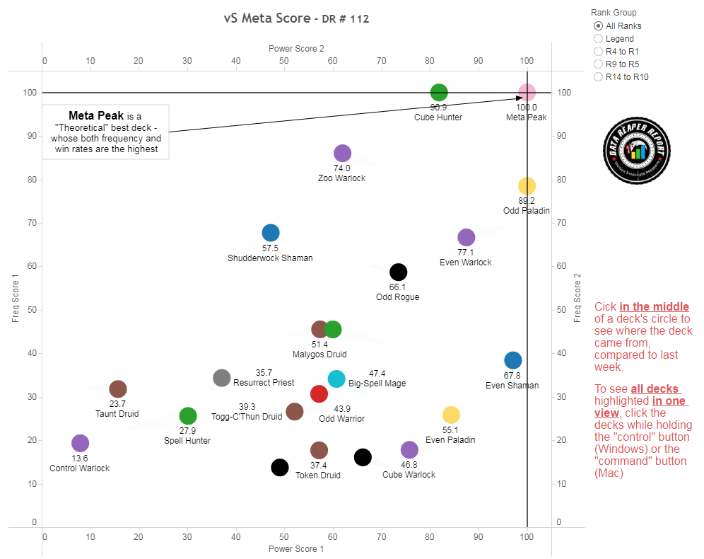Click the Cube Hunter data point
click(439, 92)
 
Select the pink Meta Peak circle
click(527, 92)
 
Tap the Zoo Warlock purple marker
click(342, 153)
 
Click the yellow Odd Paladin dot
click(527, 185)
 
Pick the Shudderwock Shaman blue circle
click(270, 232)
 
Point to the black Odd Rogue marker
click(398, 272)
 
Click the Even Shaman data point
click(512, 360)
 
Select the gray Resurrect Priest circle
click(222, 377)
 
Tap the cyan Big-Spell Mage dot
click(336, 379)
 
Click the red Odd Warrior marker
click(319, 394)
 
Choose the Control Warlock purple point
click(80, 443)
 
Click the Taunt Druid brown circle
click(118, 388)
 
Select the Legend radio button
click(599, 39)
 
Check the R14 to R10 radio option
click(599, 77)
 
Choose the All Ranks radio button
click(599, 26)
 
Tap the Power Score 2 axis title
click(296, 49)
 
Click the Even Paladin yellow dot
click(451, 415)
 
